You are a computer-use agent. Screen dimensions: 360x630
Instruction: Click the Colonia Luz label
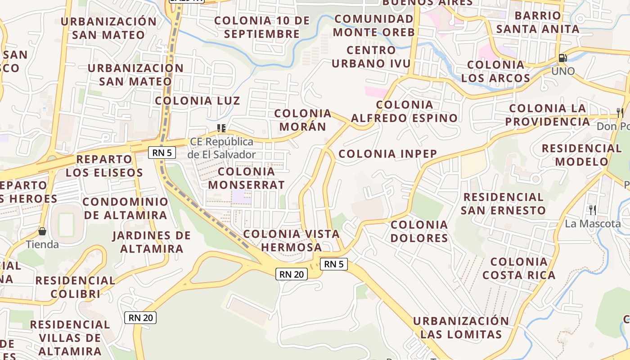pos(198,100)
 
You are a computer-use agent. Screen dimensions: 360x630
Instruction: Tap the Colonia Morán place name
pos(303,120)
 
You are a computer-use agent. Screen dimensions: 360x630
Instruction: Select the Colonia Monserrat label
pos(247,178)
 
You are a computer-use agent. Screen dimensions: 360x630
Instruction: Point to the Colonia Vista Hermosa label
pos(292,240)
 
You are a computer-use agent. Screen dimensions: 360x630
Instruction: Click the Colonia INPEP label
pos(388,154)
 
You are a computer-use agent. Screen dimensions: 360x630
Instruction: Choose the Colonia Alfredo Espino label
pos(405,111)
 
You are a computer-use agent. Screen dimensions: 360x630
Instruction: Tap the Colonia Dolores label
pos(419,231)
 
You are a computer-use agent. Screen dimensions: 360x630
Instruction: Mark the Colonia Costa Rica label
pos(519,268)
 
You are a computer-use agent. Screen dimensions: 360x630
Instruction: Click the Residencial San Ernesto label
pos(503,203)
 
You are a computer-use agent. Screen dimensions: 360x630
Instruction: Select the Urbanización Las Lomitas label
pos(461,328)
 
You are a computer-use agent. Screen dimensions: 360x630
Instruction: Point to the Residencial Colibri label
pos(75,287)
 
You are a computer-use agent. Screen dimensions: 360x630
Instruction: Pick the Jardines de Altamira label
pos(152,242)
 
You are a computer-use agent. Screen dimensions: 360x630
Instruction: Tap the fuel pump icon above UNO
pos(562,58)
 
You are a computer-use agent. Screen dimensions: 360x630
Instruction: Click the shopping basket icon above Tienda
pos(42,232)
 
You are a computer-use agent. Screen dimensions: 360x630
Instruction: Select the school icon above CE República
pos(221,128)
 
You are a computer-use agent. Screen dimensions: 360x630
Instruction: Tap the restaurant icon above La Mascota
pos(593,210)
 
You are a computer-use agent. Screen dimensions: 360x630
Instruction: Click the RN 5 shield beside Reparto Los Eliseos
pos(162,153)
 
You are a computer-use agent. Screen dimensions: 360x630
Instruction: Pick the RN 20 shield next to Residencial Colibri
pos(140,318)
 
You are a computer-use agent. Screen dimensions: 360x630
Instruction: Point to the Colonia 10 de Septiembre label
pos(262,27)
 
